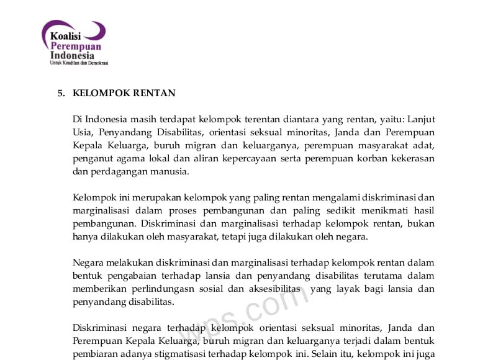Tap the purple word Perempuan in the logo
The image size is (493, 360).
76,46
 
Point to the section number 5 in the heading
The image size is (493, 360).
61,93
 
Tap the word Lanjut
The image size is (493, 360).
420,119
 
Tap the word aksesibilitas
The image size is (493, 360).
272,289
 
